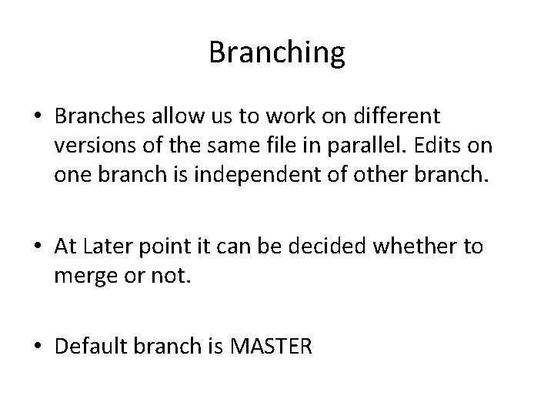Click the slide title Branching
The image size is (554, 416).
click(x=277, y=53)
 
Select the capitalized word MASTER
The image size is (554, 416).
click(x=272, y=347)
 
